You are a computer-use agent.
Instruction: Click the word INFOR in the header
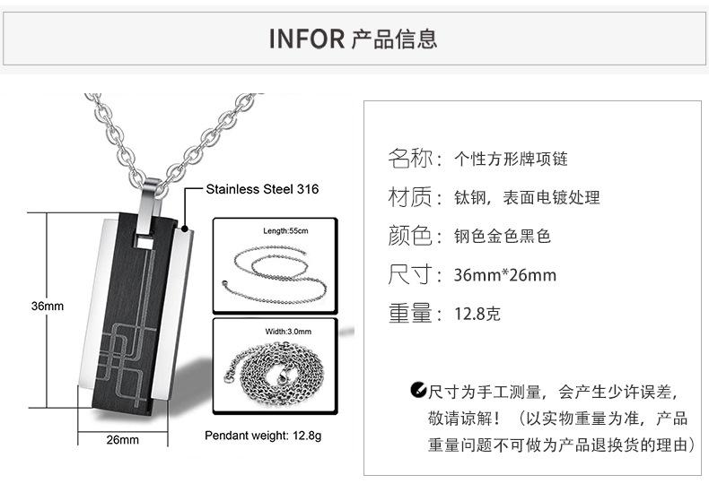click(307, 39)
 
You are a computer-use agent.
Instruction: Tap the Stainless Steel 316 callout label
click(262, 190)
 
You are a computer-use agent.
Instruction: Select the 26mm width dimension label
click(123, 440)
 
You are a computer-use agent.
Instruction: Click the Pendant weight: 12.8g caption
click(263, 436)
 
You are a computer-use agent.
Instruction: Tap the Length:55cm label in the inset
click(285, 231)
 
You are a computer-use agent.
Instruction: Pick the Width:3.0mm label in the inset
click(288, 332)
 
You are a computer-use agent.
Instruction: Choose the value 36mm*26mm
click(505, 275)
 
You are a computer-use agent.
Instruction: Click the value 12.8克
click(477, 314)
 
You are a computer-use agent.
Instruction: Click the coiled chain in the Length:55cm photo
click(269, 269)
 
